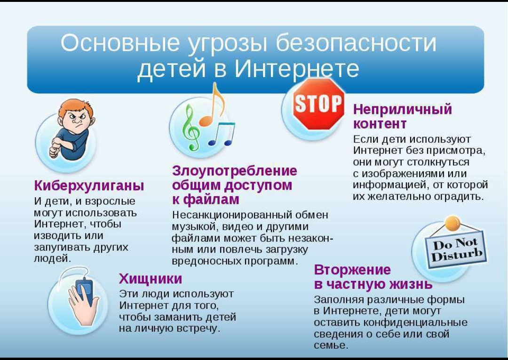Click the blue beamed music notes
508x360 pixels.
pos(222,134)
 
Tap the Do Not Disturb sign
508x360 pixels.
pos(456,250)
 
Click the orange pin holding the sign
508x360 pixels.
pos(452,223)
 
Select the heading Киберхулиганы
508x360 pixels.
pos(89,186)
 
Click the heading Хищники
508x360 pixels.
pos(151,279)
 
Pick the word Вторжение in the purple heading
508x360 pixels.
pos(352,270)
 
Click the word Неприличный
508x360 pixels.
pos(402,109)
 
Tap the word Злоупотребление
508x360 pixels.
pos(235,171)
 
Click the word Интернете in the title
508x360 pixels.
pos(296,68)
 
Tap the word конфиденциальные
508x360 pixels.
pos(416,322)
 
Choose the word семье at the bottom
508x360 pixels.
pos(331,345)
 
